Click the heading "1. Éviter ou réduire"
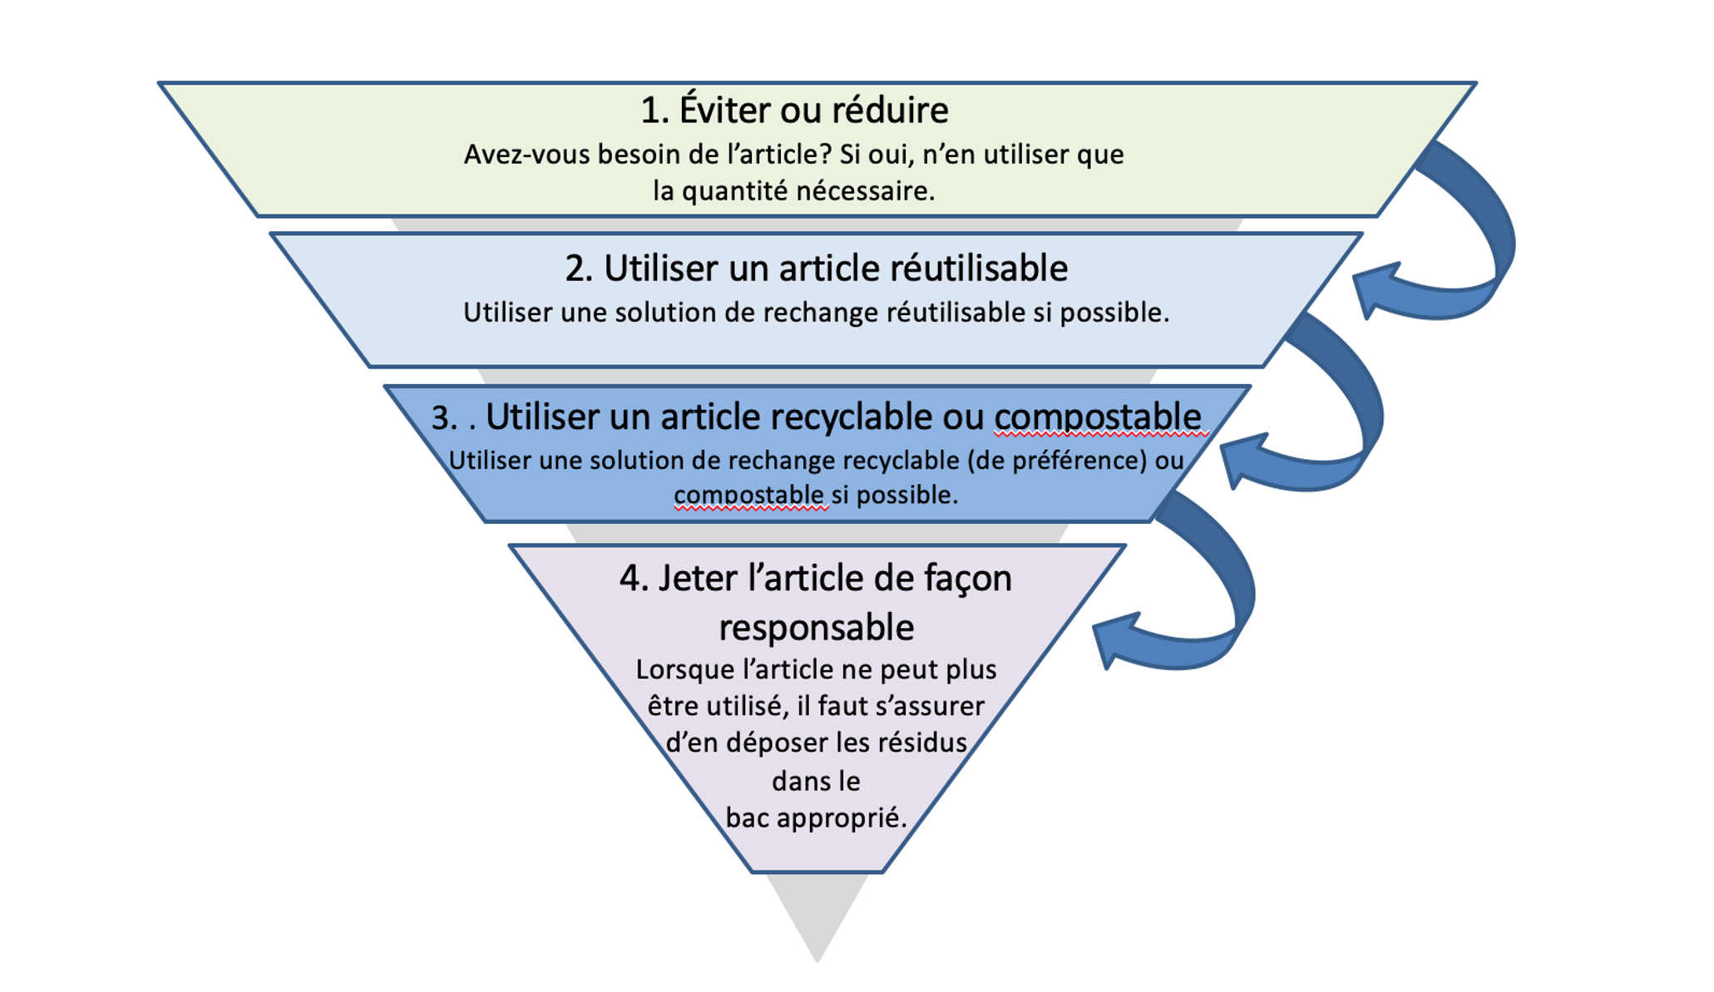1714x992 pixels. (793, 111)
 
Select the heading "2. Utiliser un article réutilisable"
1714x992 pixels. (816, 269)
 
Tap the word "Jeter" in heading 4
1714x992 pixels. (697, 579)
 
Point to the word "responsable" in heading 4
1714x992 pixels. (816, 627)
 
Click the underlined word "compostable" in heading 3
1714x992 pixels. (1098, 417)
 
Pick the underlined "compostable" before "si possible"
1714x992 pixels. (748, 495)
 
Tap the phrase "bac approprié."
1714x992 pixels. (816, 818)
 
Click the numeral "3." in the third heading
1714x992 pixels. (445, 417)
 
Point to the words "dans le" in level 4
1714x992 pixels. (816, 782)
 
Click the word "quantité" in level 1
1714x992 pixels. (734, 191)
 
